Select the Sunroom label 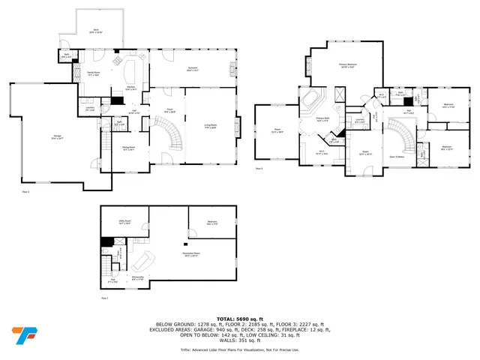pos(191,69)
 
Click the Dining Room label pos(128,148)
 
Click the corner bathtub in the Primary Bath pos(310,100)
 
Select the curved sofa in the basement pos(143,262)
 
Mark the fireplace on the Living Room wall pos(238,125)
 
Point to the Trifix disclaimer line pos(240,349)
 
